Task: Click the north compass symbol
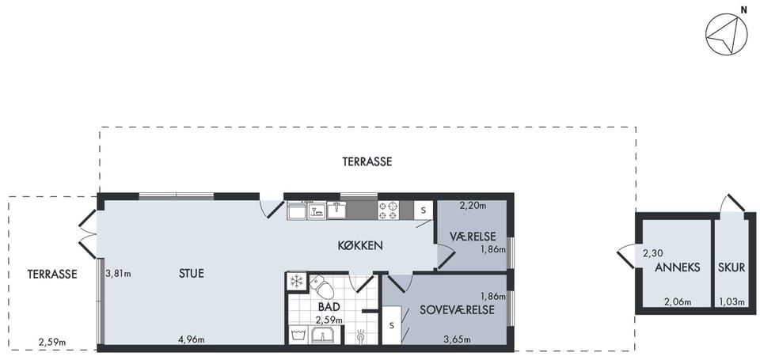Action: click(726, 34)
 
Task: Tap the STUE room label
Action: click(191, 273)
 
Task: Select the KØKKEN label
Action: click(360, 245)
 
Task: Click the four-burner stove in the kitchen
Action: click(388, 210)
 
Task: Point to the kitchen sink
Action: click(336, 210)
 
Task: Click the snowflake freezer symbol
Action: click(296, 282)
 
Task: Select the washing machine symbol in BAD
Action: click(298, 335)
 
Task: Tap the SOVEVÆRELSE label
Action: click(457, 310)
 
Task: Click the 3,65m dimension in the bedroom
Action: click(458, 339)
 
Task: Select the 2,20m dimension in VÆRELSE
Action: click(473, 206)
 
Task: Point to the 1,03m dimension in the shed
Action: click(731, 302)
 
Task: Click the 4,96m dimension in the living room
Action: click(192, 339)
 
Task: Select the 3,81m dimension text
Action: click(118, 273)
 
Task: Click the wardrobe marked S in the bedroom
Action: click(392, 325)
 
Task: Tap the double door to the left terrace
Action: click(88, 234)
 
